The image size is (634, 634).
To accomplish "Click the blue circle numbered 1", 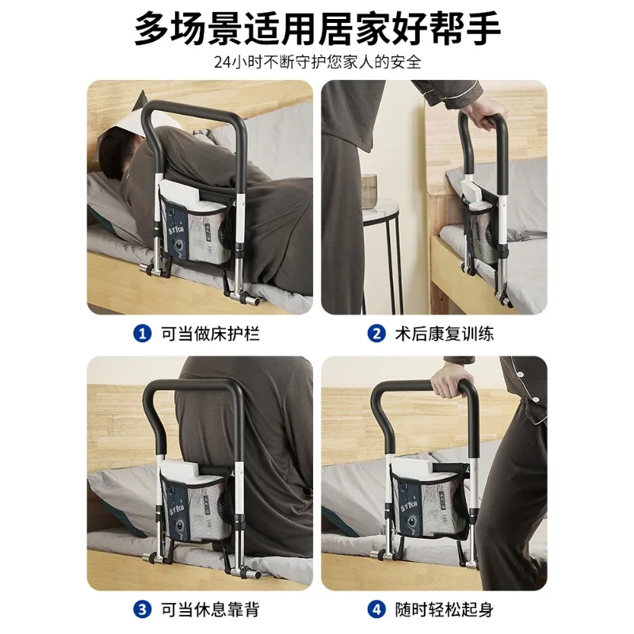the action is (x=143, y=334).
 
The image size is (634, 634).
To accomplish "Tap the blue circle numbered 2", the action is (x=376, y=334).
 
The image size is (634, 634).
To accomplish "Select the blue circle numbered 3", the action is (x=143, y=609).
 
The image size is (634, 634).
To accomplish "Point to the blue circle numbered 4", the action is (x=376, y=609).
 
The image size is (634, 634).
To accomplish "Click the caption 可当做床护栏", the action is (x=210, y=334).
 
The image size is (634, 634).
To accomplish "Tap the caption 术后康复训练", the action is (x=445, y=334).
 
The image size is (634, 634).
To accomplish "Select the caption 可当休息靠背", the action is (x=210, y=609).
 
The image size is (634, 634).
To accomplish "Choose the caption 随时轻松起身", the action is (x=445, y=609).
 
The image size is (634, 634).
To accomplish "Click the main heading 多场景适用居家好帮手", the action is (x=317, y=29).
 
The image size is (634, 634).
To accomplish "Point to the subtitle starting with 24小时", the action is (x=318, y=63).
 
